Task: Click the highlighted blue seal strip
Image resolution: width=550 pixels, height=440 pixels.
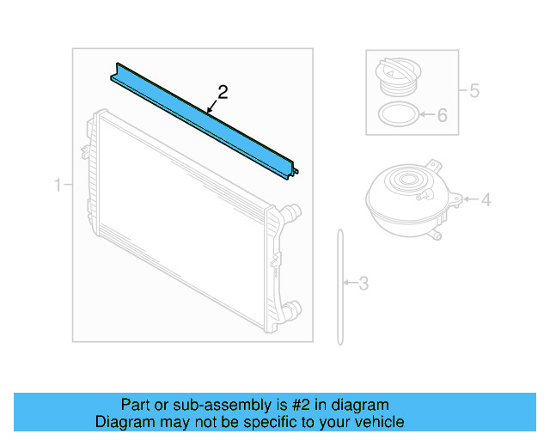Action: click(202, 120)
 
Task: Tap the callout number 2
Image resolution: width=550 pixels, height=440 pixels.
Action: click(223, 92)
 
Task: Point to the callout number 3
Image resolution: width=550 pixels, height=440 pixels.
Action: click(363, 282)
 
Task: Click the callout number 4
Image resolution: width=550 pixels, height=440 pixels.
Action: click(485, 201)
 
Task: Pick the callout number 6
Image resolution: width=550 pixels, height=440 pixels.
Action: click(442, 114)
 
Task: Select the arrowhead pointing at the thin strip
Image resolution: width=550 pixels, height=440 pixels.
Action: click(345, 282)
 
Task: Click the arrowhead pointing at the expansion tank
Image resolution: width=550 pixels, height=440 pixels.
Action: click(465, 201)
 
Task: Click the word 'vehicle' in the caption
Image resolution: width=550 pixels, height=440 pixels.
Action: click(378, 422)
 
